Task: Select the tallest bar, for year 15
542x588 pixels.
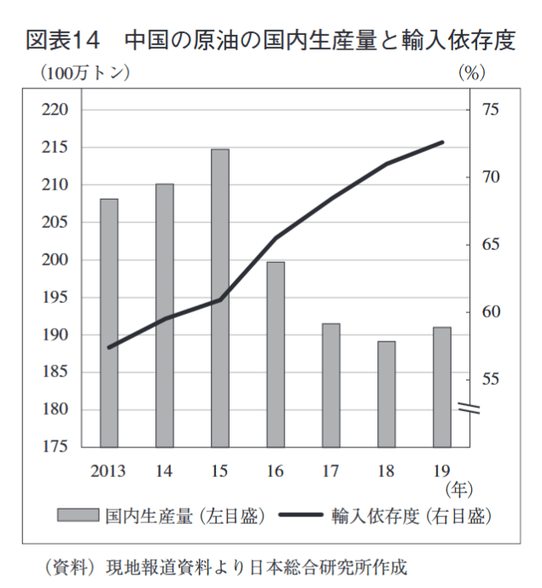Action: (x=220, y=298)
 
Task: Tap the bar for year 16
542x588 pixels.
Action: (x=276, y=354)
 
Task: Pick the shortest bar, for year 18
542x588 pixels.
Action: (x=387, y=393)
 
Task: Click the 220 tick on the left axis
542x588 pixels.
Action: (x=61, y=110)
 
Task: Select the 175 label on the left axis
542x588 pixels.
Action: (x=61, y=447)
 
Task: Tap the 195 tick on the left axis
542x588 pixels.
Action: (x=61, y=298)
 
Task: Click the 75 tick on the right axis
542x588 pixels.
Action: (x=490, y=110)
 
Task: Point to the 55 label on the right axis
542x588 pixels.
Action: (x=490, y=379)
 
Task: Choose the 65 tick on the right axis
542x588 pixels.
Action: (x=490, y=245)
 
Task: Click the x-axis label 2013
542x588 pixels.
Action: (x=108, y=470)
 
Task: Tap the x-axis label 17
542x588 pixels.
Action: (x=331, y=470)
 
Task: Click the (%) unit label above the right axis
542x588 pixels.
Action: (x=472, y=73)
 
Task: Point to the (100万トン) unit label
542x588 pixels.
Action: (x=85, y=73)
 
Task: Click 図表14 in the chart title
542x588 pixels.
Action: (x=63, y=40)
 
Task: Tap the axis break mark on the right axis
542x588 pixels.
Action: (x=470, y=408)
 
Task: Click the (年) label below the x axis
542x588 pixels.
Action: (x=458, y=490)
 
